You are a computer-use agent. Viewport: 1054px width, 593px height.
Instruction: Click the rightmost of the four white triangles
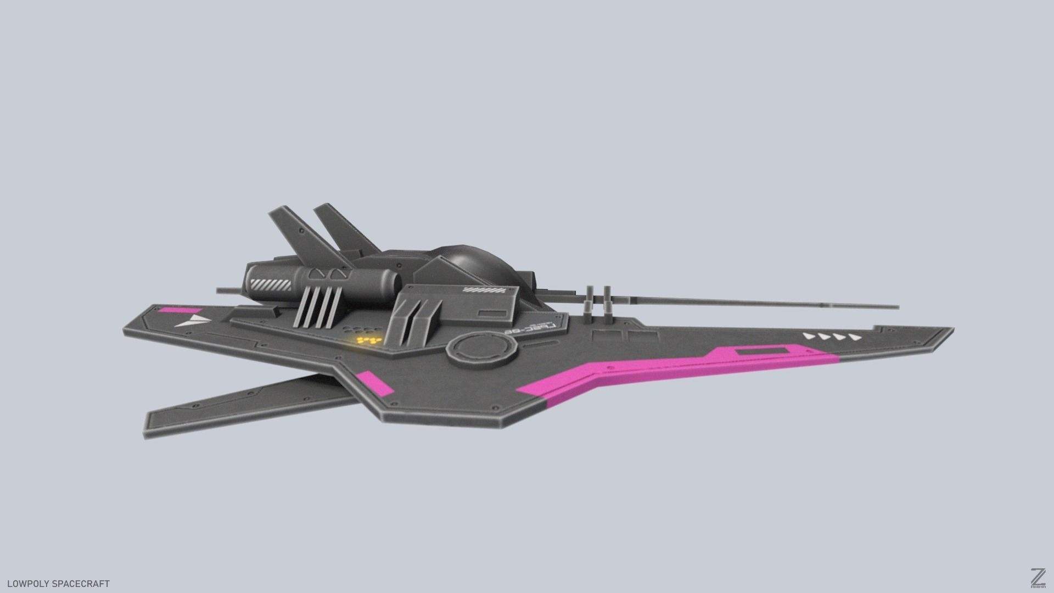[x=854, y=337]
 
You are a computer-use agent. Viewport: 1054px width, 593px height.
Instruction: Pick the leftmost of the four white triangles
[x=809, y=335]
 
